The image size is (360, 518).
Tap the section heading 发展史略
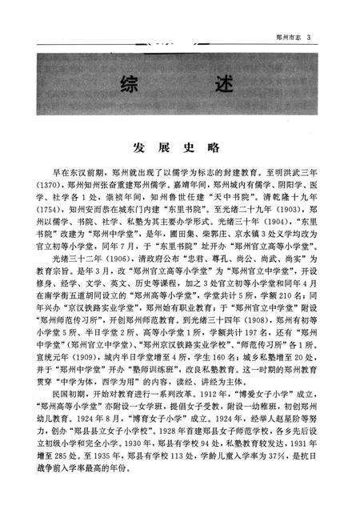(x=180, y=149)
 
